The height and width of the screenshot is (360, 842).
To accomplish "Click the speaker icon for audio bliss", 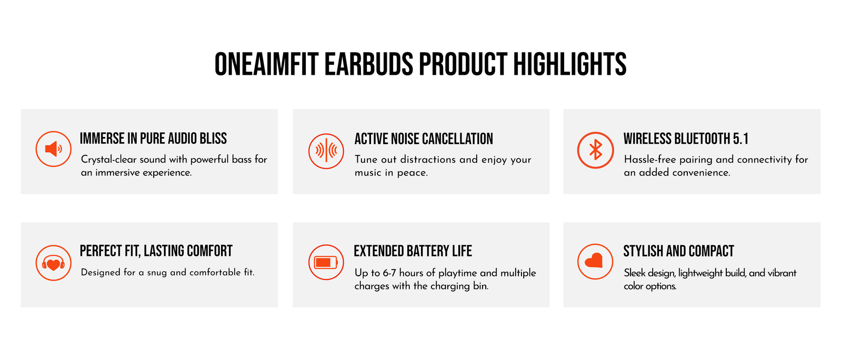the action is (x=53, y=149).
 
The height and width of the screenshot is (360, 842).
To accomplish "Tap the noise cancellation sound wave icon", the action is (x=326, y=151).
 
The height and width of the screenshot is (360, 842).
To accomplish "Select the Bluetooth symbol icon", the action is (x=595, y=150).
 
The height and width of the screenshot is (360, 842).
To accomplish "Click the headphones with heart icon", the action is (x=53, y=263).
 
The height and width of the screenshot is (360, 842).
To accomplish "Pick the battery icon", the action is (x=326, y=262).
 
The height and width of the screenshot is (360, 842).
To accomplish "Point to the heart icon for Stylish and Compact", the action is (x=595, y=262).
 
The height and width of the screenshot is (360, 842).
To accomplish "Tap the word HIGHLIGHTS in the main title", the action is (x=570, y=64).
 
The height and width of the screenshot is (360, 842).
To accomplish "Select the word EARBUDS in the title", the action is (x=369, y=64).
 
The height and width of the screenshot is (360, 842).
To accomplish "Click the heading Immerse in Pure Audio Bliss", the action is (x=153, y=138).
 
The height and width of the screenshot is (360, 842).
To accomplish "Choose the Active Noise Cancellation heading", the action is (x=424, y=138).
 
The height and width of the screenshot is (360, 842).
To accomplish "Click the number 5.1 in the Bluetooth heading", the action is (x=740, y=138).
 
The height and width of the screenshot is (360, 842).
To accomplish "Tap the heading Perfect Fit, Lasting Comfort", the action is (x=156, y=251).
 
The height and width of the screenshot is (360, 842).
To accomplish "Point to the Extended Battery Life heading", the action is (x=413, y=251).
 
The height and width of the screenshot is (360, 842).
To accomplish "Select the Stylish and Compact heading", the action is (x=678, y=251).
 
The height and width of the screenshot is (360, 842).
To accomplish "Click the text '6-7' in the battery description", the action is (x=389, y=273).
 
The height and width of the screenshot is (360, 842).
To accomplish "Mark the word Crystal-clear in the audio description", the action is (x=108, y=159).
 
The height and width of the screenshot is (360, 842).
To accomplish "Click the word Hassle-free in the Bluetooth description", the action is (x=649, y=159).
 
